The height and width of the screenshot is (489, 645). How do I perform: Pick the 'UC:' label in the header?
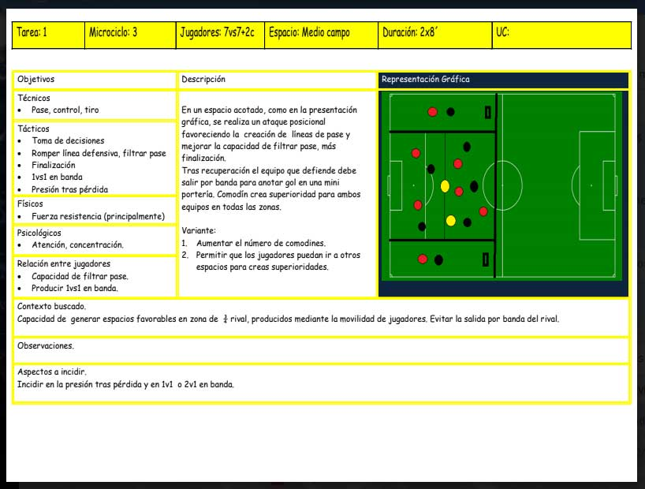click(x=502, y=32)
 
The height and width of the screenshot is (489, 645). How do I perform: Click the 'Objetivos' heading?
click(x=35, y=79)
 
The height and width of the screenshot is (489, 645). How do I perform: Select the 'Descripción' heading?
click(x=203, y=79)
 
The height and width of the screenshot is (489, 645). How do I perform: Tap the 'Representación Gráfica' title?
click(x=425, y=79)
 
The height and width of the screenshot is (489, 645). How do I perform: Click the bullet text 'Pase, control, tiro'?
click(x=65, y=110)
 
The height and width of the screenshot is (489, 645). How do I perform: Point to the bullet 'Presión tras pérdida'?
click(x=69, y=189)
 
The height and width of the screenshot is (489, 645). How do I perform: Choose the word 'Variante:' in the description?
click(x=199, y=230)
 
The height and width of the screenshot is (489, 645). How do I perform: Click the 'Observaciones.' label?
click(x=46, y=345)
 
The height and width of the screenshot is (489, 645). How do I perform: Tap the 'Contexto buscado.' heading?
click(x=51, y=306)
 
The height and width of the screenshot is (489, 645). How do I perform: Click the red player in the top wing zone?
click(x=432, y=112)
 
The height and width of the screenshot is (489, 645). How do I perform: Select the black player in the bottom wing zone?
click(x=438, y=260)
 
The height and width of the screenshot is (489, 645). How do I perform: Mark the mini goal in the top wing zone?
click(x=487, y=112)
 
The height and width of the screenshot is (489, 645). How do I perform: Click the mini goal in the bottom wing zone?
click(x=486, y=259)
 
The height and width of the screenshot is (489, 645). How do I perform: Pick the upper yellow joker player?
click(x=445, y=186)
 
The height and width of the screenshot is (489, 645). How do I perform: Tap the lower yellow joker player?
click(x=451, y=221)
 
